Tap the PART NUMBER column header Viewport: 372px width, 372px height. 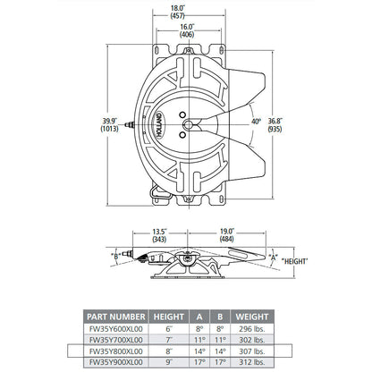click(x=115, y=317)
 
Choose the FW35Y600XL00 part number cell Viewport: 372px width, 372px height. click(x=115, y=329)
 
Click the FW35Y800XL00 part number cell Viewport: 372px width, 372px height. click(x=115, y=352)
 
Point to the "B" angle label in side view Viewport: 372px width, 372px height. click(x=115, y=257)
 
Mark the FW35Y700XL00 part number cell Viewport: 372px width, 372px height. click(x=115, y=341)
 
